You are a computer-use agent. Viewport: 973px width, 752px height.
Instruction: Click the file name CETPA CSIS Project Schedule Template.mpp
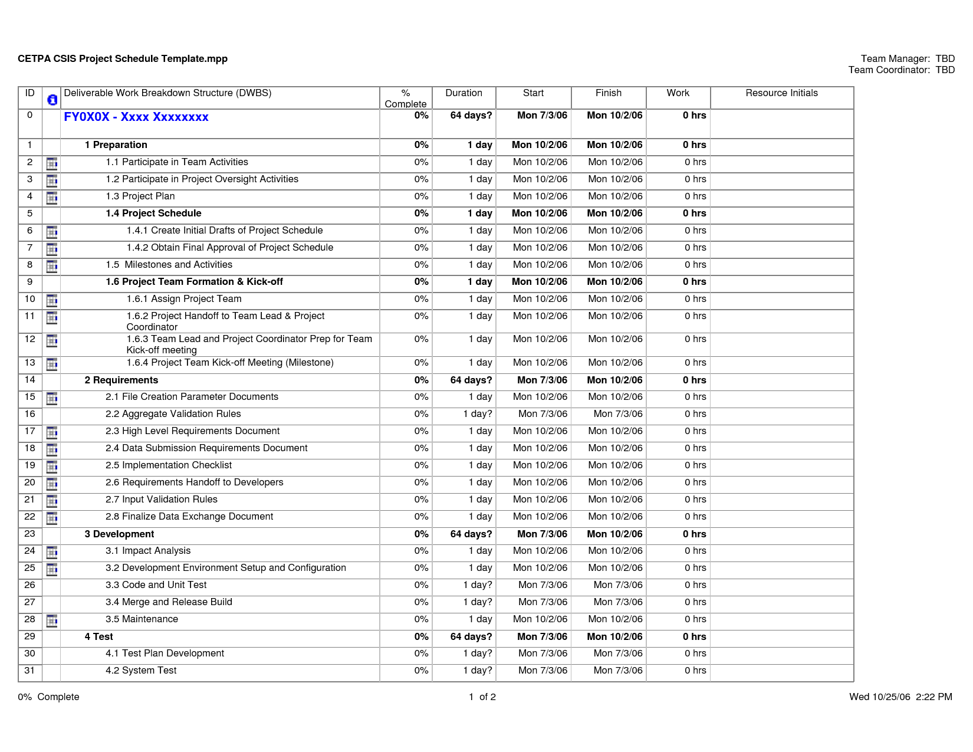point(123,59)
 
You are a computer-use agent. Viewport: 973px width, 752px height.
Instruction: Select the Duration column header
point(464,93)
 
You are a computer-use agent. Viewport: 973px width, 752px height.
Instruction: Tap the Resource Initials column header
point(781,93)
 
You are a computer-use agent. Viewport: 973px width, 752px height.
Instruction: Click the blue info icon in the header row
point(52,100)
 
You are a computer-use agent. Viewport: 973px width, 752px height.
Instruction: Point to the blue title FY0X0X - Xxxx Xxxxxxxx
point(136,117)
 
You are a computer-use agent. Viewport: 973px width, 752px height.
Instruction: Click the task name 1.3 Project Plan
point(140,196)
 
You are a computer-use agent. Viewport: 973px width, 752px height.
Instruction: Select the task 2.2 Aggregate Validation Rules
point(173,414)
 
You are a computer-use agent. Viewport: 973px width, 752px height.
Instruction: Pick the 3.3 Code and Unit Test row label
point(156,585)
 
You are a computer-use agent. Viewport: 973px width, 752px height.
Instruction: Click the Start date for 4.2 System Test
point(543,671)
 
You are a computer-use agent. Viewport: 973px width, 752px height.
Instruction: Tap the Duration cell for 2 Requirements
point(471,380)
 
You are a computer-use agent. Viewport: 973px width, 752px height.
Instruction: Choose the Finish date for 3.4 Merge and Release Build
point(618,602)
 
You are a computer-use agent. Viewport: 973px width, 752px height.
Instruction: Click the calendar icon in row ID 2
point(52,163)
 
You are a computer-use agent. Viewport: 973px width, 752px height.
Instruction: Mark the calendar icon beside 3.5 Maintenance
point(52,620)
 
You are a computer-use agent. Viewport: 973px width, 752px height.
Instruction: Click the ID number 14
point(30,380)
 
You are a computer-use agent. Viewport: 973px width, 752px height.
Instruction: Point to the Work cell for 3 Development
point(694,534)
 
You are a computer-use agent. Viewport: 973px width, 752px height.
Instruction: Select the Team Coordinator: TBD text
point(901,70)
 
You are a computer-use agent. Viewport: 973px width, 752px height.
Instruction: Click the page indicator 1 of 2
point(482,697)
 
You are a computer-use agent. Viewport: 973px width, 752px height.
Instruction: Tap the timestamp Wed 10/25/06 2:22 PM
point(900,697)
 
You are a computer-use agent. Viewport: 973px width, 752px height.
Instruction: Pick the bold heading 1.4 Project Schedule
point(153,214)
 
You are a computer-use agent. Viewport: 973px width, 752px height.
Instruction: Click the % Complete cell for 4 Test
point(421,637)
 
